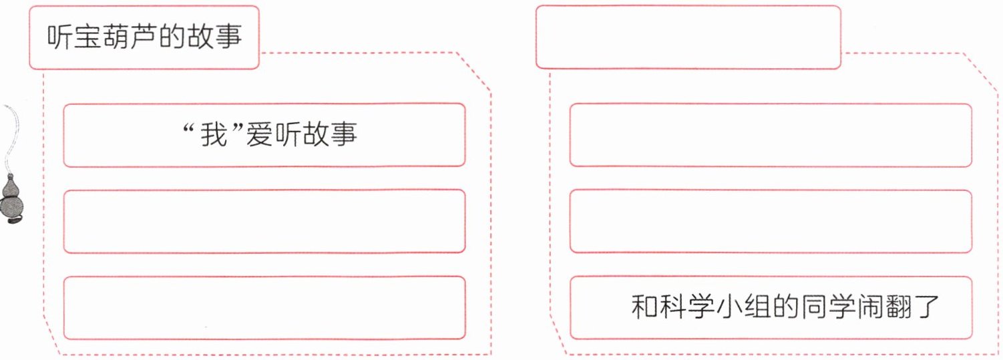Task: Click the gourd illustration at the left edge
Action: click(x=12, y=200)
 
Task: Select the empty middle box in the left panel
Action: click(x=264, y=221)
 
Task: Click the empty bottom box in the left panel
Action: click(x=264, y=308)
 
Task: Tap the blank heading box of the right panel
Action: click(x=688, y=37)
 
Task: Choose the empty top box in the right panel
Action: click(x=771, y=134)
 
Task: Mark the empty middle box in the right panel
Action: click(x=771, y=221)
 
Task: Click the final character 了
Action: click(x=929, y=307)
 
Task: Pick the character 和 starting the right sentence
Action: click(x=644, y=307)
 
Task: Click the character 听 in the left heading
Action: click(x=59, y=38)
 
